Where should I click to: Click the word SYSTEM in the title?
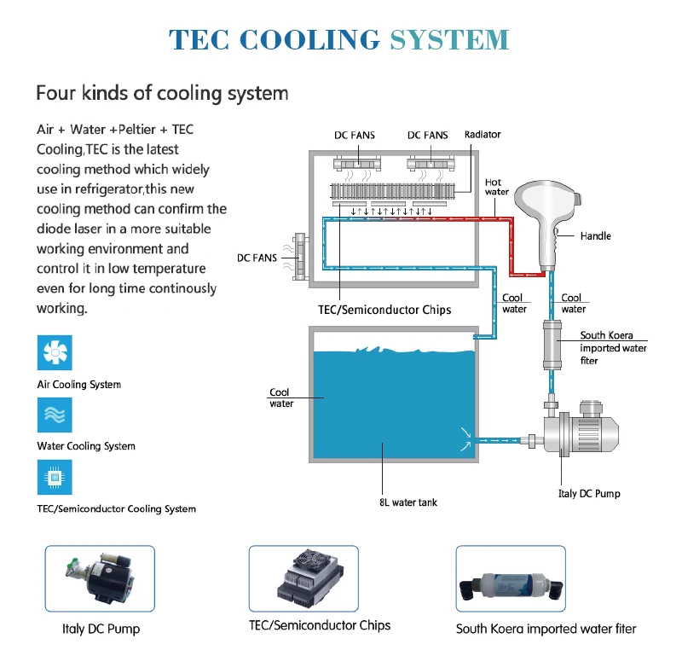tap(449, 39)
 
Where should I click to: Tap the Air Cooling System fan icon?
tap(55, 352)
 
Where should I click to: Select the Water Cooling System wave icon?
tap(55, 415)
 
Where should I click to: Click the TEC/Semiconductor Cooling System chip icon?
tap(55, 478)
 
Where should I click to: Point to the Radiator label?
tap(483, 135)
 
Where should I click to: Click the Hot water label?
tap(497, 187)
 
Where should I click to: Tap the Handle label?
tap(595, 235)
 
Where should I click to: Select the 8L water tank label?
tap(408, 502)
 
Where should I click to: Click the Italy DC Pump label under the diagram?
tap(589, 493)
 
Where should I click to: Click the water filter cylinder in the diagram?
tap(552, 345)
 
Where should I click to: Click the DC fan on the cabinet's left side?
tap(300, 257)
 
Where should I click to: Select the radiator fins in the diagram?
tap(392, 190)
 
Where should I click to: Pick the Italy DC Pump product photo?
tap(100, 578)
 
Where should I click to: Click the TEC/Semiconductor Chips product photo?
tap(303, 578)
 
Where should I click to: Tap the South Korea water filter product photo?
tap(511, 578)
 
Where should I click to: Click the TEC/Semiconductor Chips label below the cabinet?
tap(384, 310)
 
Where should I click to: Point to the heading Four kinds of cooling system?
tap(162, 93)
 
